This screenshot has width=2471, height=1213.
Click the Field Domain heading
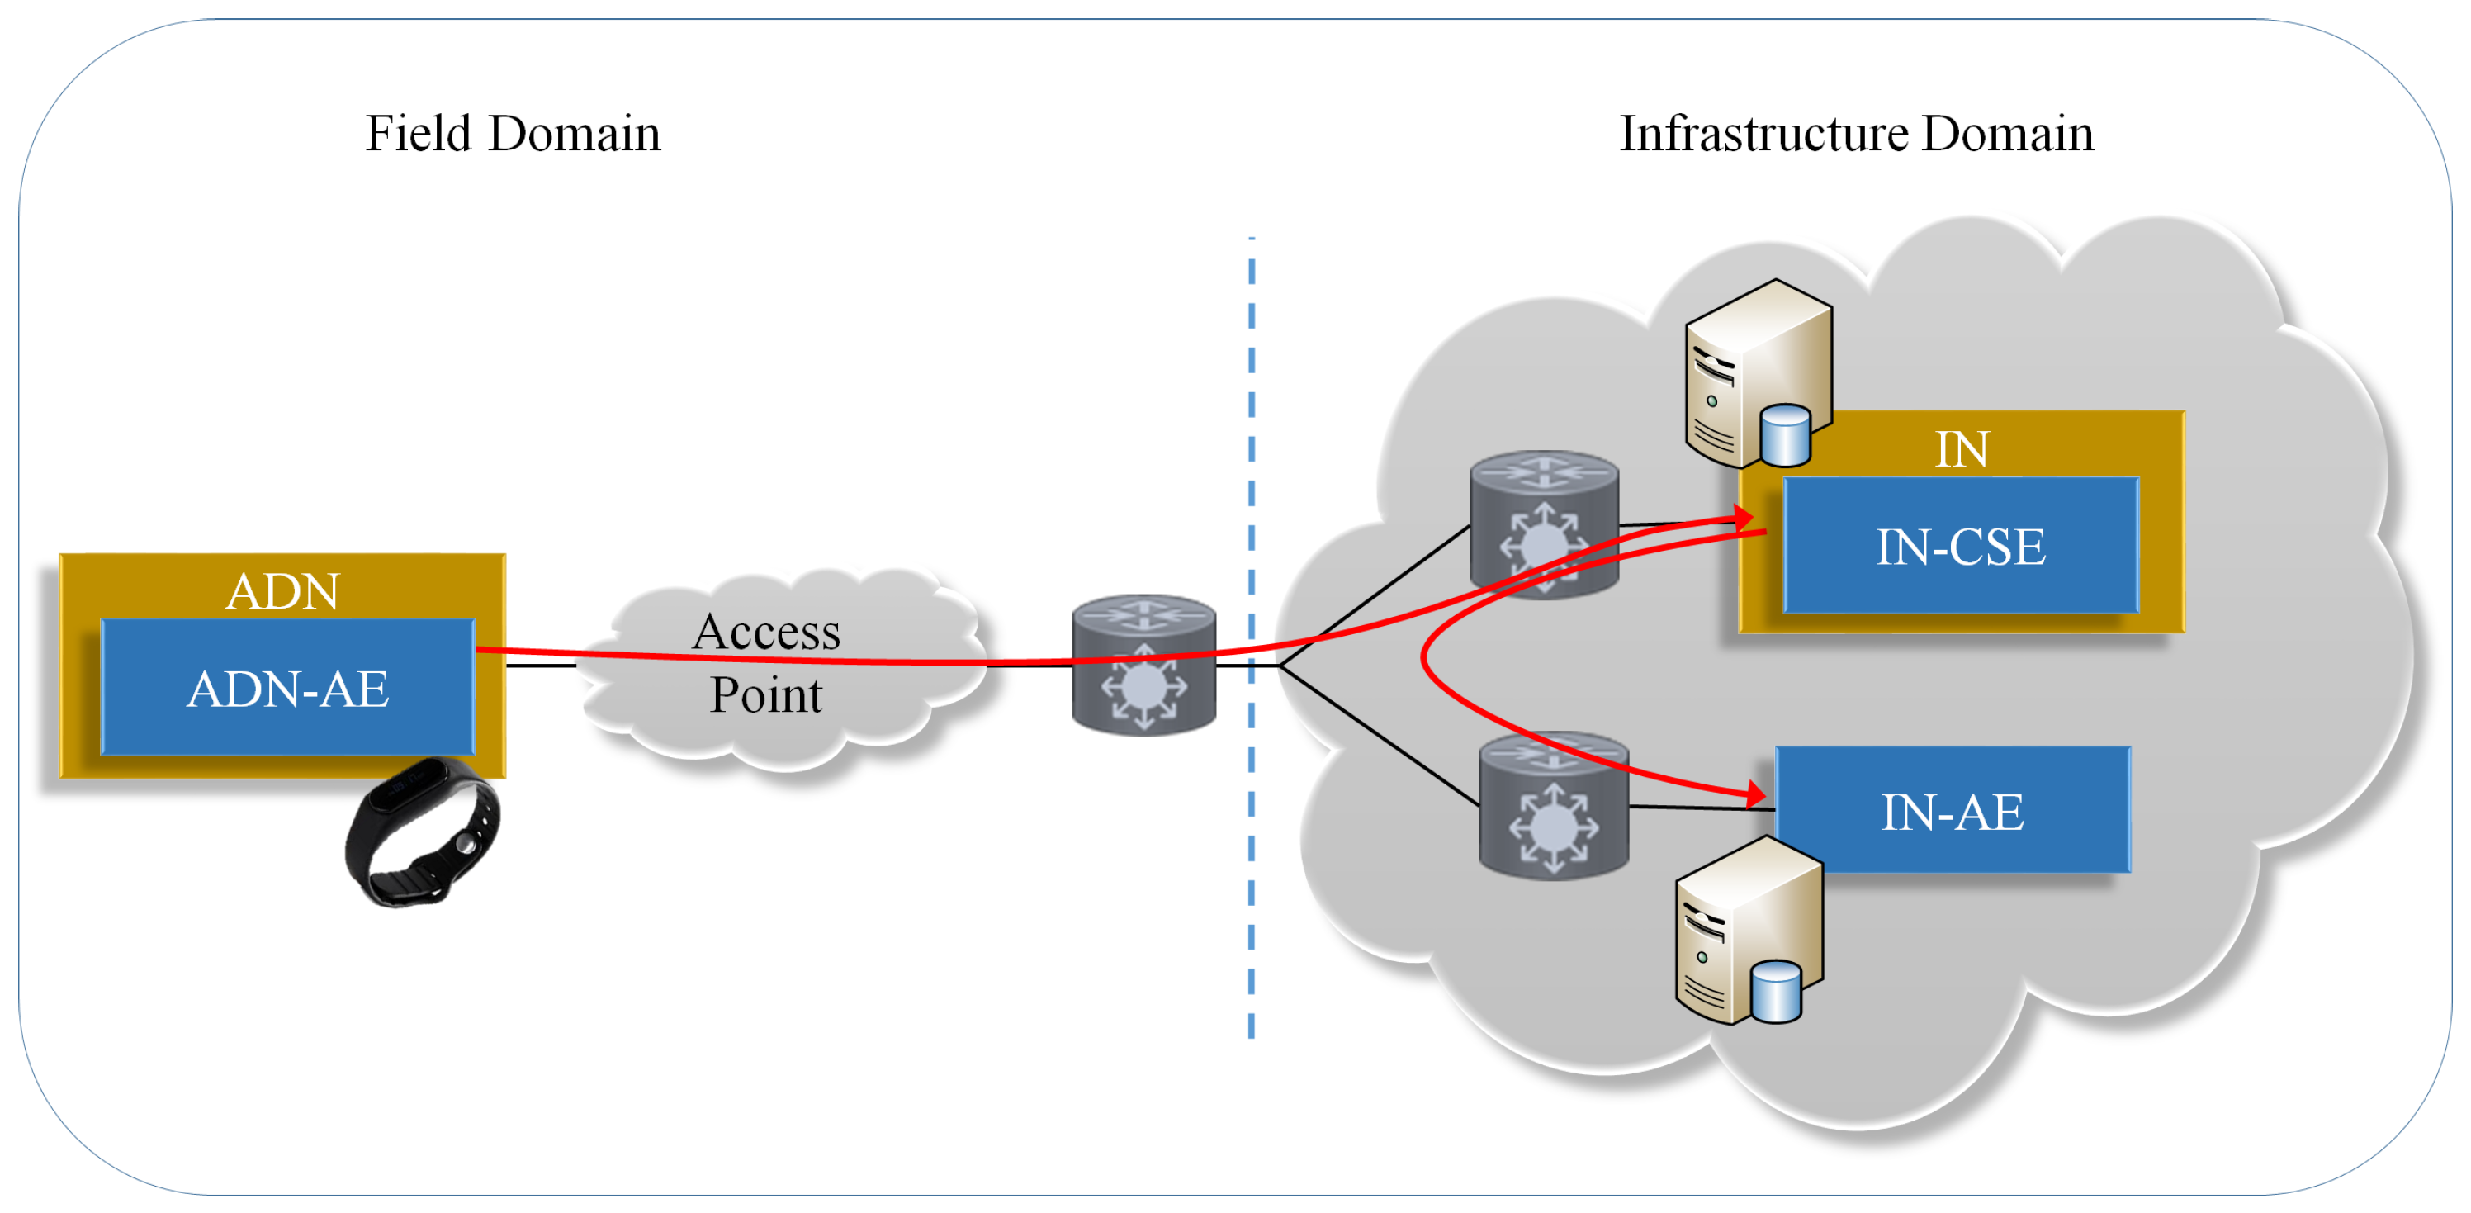[514, 134]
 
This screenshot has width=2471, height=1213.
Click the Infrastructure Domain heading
[1856, 134]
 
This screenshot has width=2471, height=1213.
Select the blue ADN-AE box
[288, 686]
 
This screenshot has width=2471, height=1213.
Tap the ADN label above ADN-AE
[283, 590]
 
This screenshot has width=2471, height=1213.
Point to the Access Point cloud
[782, 667]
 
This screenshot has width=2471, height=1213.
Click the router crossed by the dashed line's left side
[1144, 665]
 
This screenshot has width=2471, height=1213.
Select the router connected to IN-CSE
[1545, 524]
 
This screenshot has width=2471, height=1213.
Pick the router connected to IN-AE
[1554, 806]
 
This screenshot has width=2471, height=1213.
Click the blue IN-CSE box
[1961, 545]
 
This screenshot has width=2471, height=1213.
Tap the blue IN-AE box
[1953, 810]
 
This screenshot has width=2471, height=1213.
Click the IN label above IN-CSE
[1962, 449]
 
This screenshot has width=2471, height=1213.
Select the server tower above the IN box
[1759, 373]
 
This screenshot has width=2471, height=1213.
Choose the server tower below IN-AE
[1749, 930]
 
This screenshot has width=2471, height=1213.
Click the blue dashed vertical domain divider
[1252, 637]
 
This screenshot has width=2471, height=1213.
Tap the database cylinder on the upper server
[1786, 434]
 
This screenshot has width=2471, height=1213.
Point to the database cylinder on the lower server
[1777, 992]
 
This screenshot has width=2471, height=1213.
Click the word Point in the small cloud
[765, 694]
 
